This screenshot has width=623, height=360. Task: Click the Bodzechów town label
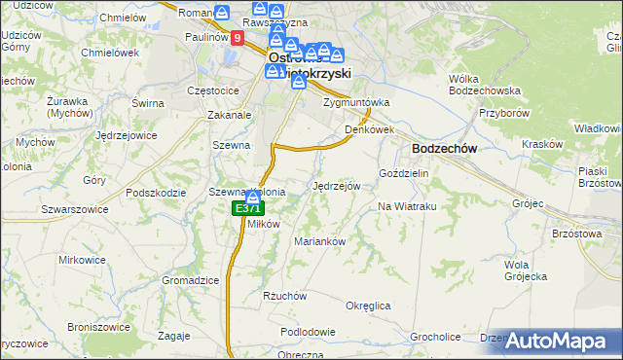pyautogui.click(x=444, y=148)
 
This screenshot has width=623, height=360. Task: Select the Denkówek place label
pyautogui.click(x=369, y=129)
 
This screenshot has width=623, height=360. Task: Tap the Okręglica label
pyautogui.click(x=368, y=306)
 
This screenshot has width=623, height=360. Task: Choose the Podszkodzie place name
pyautogui.click(x=155, y=193)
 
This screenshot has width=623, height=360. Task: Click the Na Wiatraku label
pyautogui.click(x=406, y=206)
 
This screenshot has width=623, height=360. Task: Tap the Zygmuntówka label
pyautogui.click(x=356, y=101)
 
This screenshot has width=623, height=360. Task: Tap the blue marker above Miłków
pyautogui.click(x=252, y=198)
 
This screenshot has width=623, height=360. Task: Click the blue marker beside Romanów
pyautogui.click(x=222, y=13)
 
